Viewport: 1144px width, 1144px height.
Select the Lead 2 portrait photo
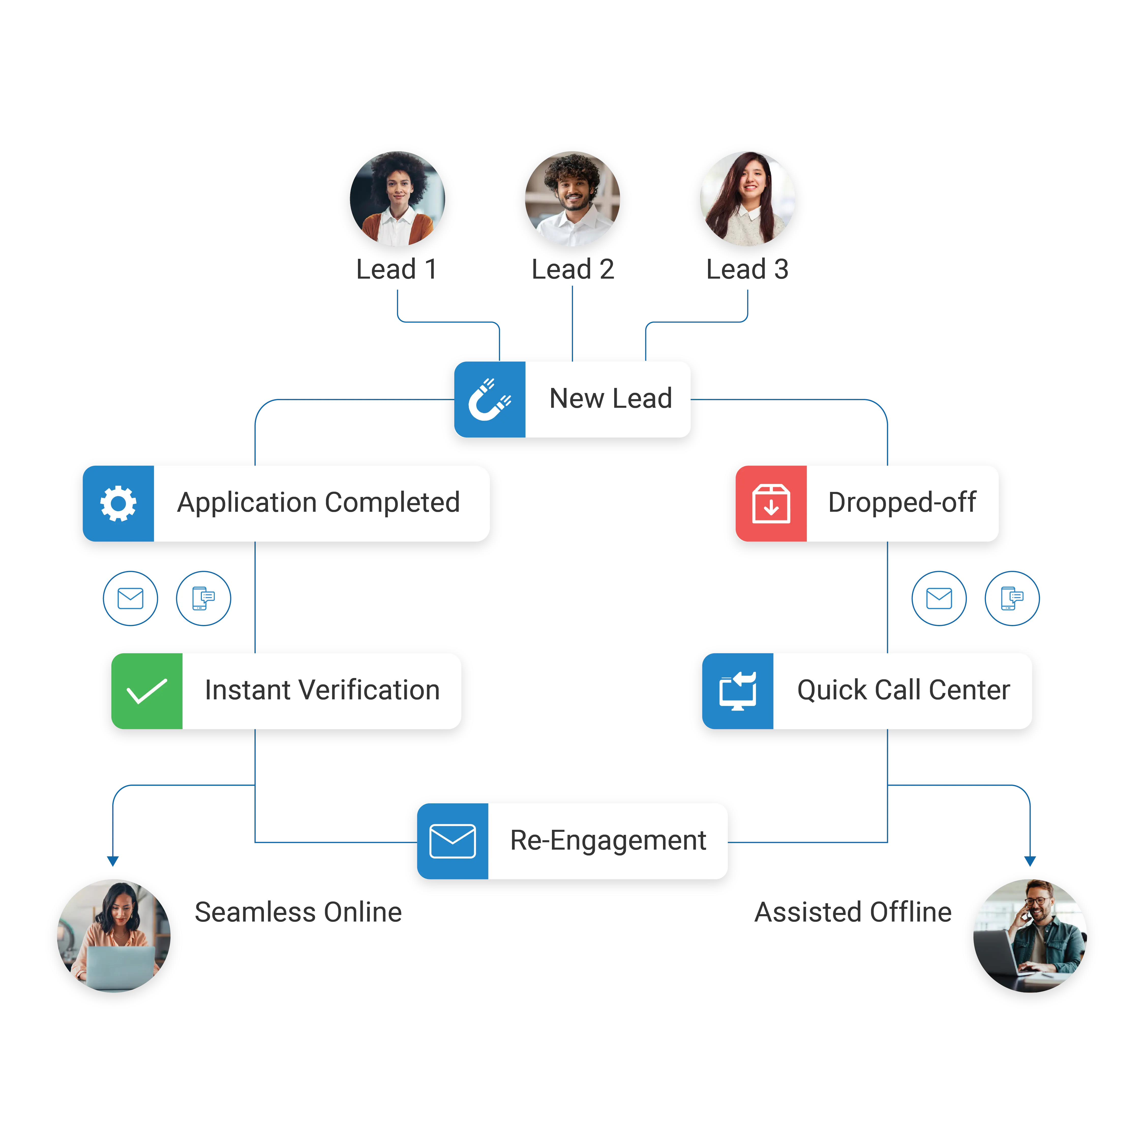572,199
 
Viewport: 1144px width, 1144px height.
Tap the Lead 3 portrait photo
747,199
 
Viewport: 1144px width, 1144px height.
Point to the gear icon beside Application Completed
118,503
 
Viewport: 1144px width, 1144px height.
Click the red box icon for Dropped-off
771,503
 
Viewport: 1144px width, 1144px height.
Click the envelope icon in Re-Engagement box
453,841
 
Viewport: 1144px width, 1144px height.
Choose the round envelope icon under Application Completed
130,598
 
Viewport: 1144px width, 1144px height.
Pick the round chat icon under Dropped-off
1012,598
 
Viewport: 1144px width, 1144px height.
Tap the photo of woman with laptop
114,940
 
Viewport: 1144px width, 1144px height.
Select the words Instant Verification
322,690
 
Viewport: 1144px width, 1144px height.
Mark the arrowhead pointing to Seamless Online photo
113,861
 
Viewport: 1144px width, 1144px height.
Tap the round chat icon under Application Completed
203,598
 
